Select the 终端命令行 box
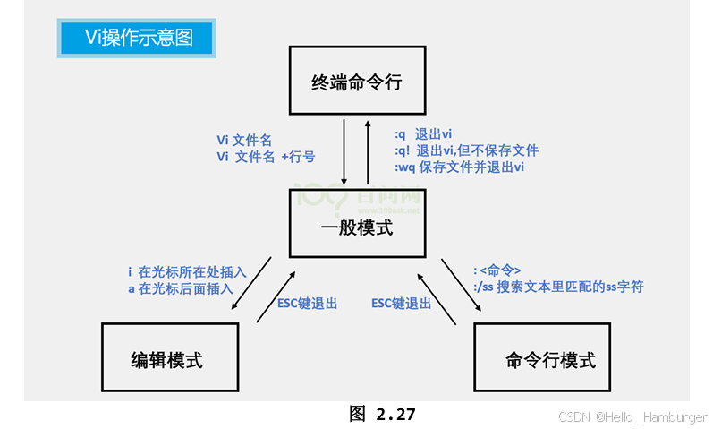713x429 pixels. (356, 82)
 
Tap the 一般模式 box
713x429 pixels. (356, 227)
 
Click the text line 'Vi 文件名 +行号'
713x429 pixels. (266, 157)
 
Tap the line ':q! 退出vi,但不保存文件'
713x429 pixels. (466, 150)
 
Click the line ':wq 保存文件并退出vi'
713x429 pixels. (459, 167)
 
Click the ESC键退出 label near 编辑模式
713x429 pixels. (307, 304)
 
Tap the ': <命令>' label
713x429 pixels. (497, 270)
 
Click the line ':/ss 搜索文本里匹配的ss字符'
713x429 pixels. (557, 287)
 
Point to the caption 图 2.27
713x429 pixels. (382, 414)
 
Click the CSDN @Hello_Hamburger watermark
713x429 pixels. (632, 417)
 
